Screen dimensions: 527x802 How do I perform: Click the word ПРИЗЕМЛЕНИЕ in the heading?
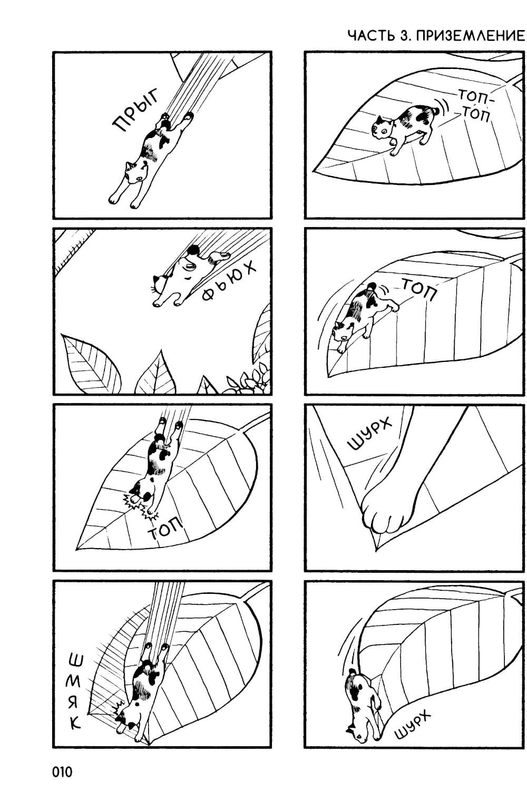(x=470, y=36)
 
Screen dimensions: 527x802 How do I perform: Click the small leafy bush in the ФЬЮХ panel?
(x=248, y=379)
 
